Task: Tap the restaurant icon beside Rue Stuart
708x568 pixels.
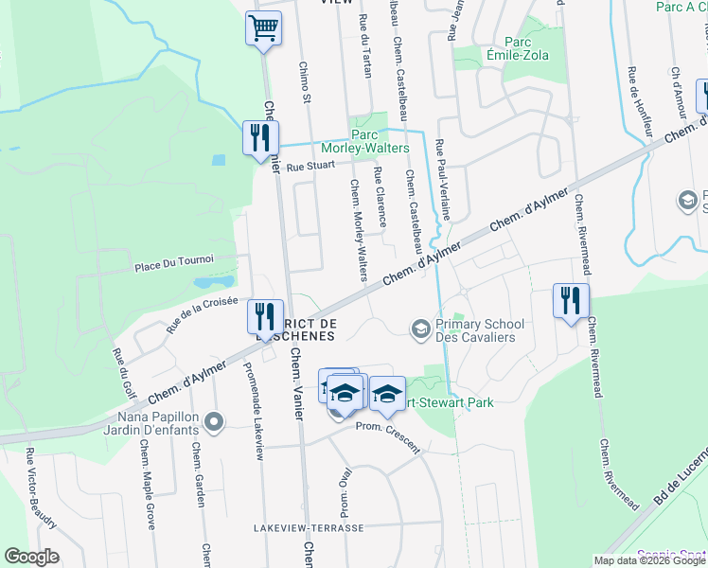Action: click(256, 137)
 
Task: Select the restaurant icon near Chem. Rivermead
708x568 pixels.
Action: click(571, 300)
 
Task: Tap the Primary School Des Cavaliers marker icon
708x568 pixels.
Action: click(419, 328)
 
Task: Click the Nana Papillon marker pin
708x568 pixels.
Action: click(212, 421)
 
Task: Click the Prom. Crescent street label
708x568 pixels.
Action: click(387, 437)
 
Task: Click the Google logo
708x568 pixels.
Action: click(31, 557)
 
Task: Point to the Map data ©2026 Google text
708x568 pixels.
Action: click(650, 560)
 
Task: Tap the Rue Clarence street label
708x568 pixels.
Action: click(380, 197)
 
